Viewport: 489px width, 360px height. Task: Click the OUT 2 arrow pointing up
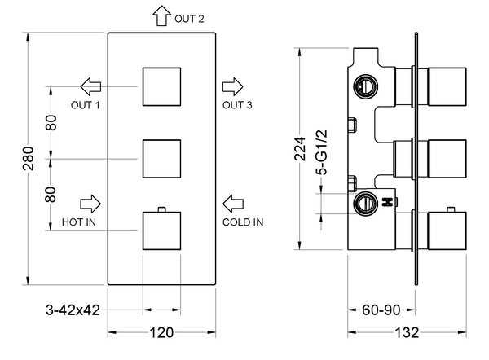[x=161, y=15]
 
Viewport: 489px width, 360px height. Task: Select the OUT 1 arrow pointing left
[x=90, y=86]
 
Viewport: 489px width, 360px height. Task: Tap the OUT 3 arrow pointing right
[x=232, y=86]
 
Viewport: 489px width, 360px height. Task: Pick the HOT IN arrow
[x=90, y=204]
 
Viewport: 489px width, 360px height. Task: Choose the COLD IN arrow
[x=233, y=204]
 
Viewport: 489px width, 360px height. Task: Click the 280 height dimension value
[x=28, y=158]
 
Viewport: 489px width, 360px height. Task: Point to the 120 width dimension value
[x=161, y=332]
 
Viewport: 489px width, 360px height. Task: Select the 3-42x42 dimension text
[x=73, y=310]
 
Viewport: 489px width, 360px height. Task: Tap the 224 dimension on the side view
[x=300, y=149]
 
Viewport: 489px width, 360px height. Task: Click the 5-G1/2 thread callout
[x=322, y=152]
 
